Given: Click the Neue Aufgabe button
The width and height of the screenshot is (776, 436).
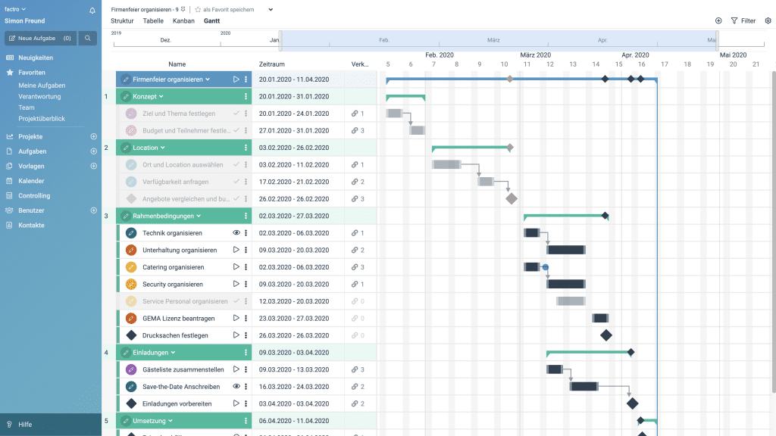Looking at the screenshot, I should tap(40, 38).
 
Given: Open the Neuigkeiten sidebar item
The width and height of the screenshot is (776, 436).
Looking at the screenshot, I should tap(35, 58).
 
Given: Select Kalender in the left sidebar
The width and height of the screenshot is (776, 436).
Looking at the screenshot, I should tap(31, 181).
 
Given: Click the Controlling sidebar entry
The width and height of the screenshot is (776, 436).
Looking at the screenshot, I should tap(34, 195).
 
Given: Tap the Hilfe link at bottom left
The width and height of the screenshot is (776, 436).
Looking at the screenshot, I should tap(25, 425).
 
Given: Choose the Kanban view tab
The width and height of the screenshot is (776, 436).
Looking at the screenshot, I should tap(183, 21).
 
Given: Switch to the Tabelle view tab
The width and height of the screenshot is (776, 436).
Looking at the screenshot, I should tap(153, 21).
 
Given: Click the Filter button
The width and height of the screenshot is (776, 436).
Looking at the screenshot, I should tap(743, 21).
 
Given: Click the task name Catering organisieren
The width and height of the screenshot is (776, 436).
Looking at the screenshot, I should tap(173, 267).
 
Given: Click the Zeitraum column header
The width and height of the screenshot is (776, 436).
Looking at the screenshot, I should tap(272, 64).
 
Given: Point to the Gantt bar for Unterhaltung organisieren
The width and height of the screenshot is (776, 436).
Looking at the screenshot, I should tap(565, 250).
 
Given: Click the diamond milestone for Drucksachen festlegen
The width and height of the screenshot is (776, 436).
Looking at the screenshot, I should tap(605, 335).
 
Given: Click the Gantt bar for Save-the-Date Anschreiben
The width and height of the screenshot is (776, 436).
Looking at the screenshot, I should tap(584, 386).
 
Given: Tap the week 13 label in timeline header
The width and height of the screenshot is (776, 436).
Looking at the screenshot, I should tap(572, 64).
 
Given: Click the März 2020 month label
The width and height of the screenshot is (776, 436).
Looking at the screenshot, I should tap(535, 54).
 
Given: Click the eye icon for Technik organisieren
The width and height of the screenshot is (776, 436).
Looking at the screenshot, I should tap(236, 233).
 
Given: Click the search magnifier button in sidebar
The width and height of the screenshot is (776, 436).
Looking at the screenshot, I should tap(88, 38).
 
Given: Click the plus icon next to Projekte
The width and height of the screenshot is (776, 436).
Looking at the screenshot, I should tap(94, 137).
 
